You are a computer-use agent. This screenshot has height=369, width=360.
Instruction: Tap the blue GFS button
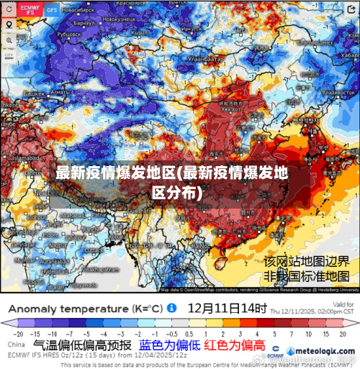click(x=53, y=10)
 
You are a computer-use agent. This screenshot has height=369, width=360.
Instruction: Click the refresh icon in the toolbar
click(x=9, y=9)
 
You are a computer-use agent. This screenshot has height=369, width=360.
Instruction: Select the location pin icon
click(x=9, y=24)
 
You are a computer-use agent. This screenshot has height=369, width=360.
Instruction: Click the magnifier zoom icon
click(x=9, y=40)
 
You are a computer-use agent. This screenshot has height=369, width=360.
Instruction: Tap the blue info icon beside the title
click(x=172, y=307)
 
